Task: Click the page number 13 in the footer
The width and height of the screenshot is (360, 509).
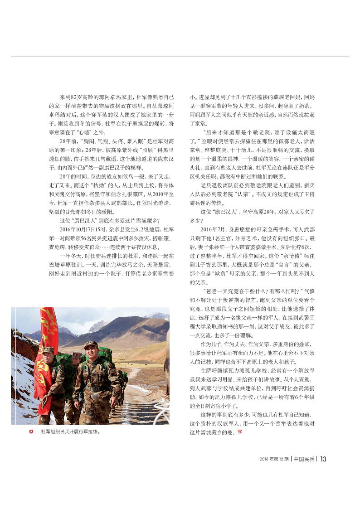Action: point(323,459)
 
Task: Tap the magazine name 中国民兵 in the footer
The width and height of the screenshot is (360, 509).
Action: point(303,459)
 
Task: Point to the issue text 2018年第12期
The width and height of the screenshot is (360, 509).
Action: point(274,459)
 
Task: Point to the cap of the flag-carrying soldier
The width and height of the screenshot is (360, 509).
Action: point(48,350)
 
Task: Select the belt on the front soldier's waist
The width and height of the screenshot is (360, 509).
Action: point(95,388)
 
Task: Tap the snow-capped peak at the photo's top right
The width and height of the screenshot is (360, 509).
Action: point(156,315)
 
